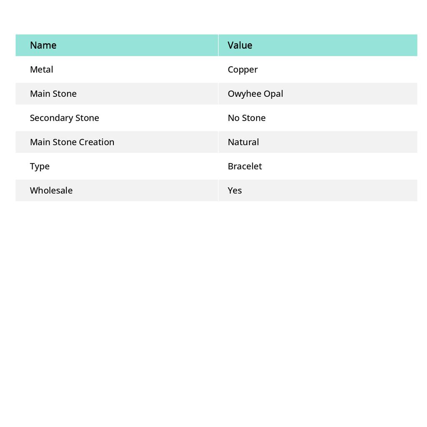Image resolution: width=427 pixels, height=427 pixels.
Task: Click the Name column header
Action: tap(43, 45)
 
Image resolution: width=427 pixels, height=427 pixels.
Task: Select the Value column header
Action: tap(240, 45)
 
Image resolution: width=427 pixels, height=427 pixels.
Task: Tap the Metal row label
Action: tap(41, 70)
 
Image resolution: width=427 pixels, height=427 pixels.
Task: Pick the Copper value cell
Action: tap(243, 70)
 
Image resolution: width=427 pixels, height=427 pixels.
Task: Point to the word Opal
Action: tap(274, 94)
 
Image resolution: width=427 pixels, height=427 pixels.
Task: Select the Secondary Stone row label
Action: tap(64, 118)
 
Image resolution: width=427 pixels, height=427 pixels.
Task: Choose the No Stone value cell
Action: tap(246, 118)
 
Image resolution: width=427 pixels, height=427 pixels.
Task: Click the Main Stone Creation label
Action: tap(72, 142)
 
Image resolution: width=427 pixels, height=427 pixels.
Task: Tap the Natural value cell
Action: tap(243, 142)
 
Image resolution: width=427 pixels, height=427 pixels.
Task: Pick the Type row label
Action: tap(40, 166)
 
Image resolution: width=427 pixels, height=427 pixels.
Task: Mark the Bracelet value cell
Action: tap(245, 166)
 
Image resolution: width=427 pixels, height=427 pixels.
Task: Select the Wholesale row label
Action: tap(51, 191)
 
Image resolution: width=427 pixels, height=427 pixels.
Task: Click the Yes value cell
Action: tap(235, 191)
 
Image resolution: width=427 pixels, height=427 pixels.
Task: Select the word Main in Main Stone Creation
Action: tap(40, 142)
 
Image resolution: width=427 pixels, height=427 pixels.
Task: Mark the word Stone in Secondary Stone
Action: tap(87, 118)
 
